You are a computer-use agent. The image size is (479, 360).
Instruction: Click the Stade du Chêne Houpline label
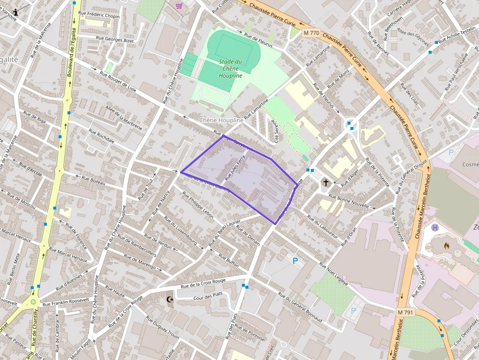pos(230,68)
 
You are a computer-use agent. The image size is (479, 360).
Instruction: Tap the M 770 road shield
pos(311,33)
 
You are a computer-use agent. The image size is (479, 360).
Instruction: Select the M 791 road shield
pos(405,312)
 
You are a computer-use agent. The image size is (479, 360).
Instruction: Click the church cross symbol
pos(326,182)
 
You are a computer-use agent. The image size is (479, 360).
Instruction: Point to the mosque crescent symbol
pos(170,299)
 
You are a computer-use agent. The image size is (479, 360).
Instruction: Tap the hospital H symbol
pos(435,227)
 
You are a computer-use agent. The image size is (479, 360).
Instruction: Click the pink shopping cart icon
pos(179,6)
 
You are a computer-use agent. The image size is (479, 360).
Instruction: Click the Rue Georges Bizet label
pos(115,39)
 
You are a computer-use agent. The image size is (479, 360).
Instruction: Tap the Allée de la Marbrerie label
pos(124,118)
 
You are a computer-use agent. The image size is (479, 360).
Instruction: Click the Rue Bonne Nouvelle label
pos(349,201)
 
